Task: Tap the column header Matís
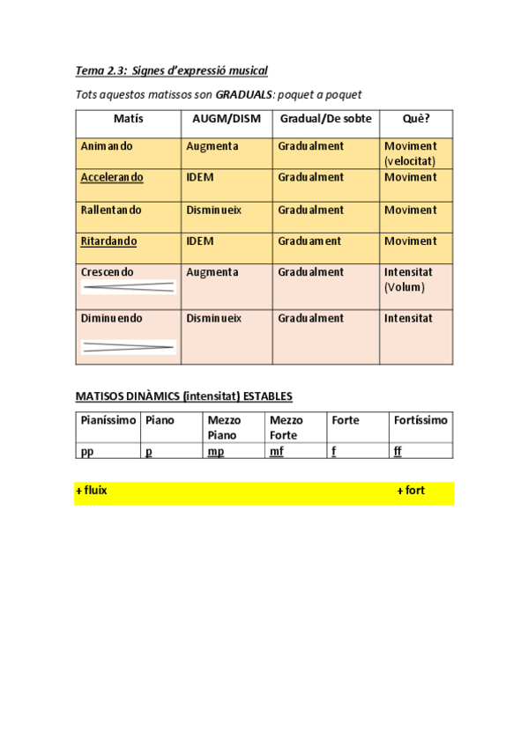coord(129,118)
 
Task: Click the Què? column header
coord(416,118)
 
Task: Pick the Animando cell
coord(108,146)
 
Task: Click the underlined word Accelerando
coord(112,177)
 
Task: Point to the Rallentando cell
coord(110,210)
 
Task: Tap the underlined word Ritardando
coord(108,240)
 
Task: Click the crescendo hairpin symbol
coord(128,287)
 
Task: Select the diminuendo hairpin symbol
coord(128,347)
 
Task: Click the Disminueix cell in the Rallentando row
coord(213,210)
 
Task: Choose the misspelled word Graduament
coord(309,240)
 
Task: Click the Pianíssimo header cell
coord(108,420)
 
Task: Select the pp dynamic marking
coord(86,451)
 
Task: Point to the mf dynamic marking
coord(277,451)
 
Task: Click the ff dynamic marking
coord(398,451)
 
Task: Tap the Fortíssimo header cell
coord(420,420)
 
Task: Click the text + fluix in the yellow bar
coord(92,491)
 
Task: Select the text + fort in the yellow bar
coord(411,491)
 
